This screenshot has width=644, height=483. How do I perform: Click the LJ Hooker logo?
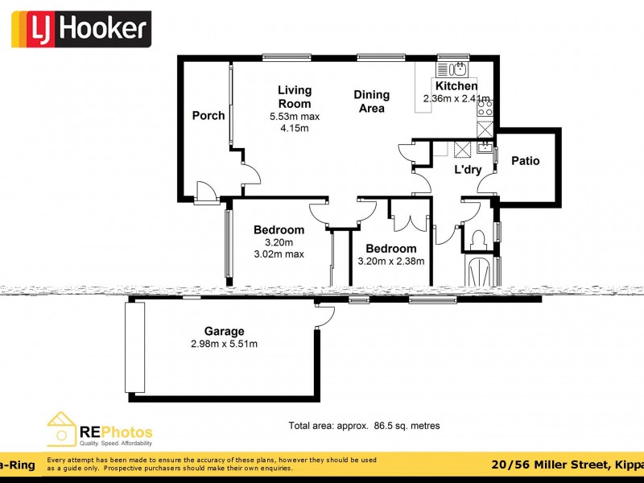pyautogui.click(x=80, y=30)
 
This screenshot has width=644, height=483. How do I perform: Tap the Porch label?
pyautogui.click(x=208, y=116)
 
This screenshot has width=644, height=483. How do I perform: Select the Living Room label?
pyautogui.click(x=295, y=97)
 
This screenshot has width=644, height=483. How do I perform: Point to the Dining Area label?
pyautogui.click(x=371, y=101)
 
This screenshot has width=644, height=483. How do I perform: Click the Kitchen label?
pyautogui.click(x=456, y=86)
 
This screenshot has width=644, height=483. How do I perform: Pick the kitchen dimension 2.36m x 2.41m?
pyautogui.click(x=456, y=99)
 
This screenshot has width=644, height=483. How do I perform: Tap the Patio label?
pyautogui.click(x=526, y=161)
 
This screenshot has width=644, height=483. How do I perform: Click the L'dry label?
pyautogui.click(x=468, y=170)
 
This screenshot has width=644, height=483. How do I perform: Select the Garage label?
pyautogui.click(x=224, y=331)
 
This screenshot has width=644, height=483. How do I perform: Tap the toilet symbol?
pyautogui.click(x=477, y=238)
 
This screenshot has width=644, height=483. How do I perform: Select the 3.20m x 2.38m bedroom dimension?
pyautogui.click(x=391, y=261)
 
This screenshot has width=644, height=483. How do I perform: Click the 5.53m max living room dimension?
pyautogui.click(x=295, y=117)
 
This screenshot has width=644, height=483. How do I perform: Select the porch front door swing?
pyautogui.click(x=205, y=191)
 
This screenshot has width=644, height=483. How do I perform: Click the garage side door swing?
pyautogui.click(x=324, y=317)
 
